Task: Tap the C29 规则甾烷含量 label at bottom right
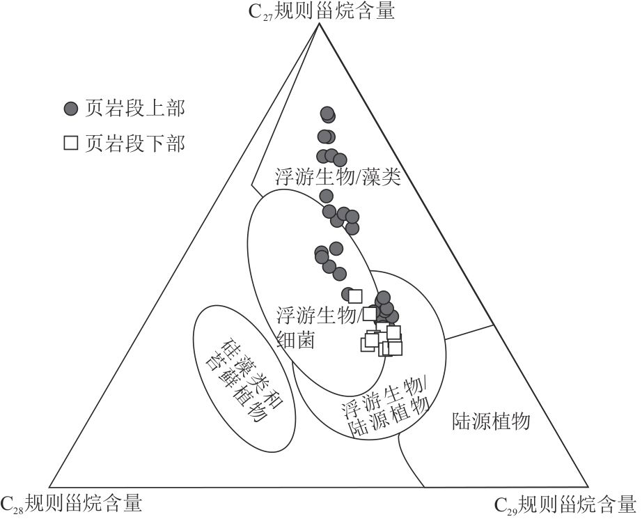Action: pos(565,504)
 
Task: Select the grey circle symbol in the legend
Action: pos(70,109)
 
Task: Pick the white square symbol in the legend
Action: pos(70,144)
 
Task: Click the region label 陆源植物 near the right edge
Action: pos(492,421)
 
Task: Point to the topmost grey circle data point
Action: pos(327,114)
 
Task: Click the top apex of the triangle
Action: pos(318,24)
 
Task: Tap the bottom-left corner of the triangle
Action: pos(49,486)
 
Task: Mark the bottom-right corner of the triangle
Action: pos(588,486)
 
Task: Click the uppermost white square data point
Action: pos(356,296)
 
